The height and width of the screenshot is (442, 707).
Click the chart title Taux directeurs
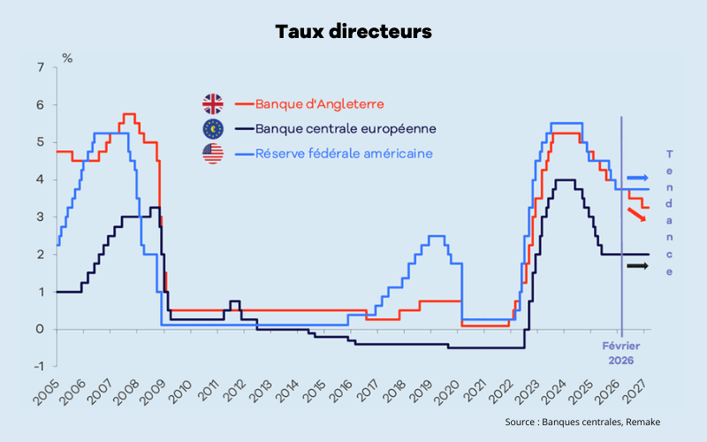pyautogui.click(x=353, y=32)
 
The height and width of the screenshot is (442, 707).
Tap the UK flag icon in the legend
pyautogui.click(x=213, y=103)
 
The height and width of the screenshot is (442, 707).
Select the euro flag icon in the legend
pyautogui.click(x=213, y=129)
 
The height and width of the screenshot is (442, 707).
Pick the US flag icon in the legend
pyautogui.click(x=213, y=154)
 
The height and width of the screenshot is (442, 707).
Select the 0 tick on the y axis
pyautogui.click(x=41, y=329)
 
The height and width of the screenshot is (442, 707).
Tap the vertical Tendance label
pyautogui.click(x=669, y=212)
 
